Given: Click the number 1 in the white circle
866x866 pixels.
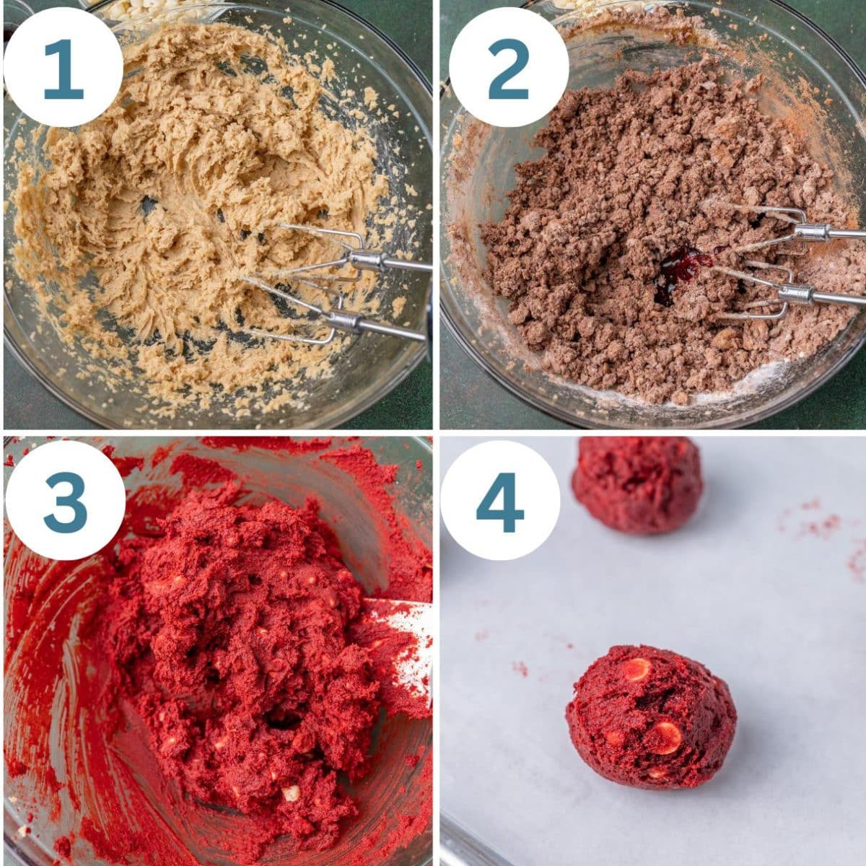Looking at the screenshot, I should pos(64,68).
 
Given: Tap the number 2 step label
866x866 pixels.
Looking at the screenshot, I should pos(508,68).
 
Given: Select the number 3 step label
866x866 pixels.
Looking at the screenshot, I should pos(65,501).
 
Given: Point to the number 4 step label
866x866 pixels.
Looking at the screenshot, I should pos(500,501).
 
